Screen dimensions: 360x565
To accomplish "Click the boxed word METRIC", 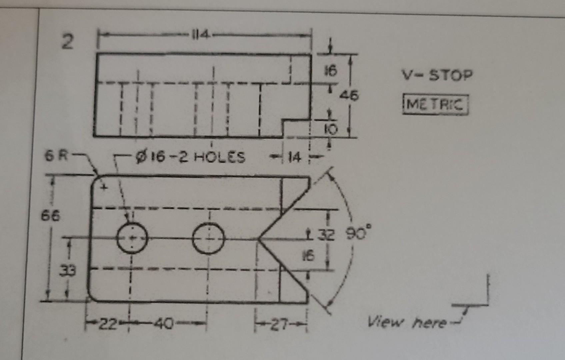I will pyautogui.click(x=435, y=105).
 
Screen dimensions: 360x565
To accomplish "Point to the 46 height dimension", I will pyautogui.click(x=349, y=96).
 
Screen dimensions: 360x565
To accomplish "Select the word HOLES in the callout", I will pyautogui.click(x=219, y=157).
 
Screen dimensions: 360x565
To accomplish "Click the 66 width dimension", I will pyautogui.click(x=51, y=216).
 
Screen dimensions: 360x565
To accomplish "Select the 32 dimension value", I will pyautogui.click(x=325, y=235).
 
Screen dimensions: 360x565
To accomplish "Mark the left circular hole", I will pyautogui.click(x=132, y=238).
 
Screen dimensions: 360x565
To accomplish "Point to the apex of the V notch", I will pyautogui.click(x=258, y=239).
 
